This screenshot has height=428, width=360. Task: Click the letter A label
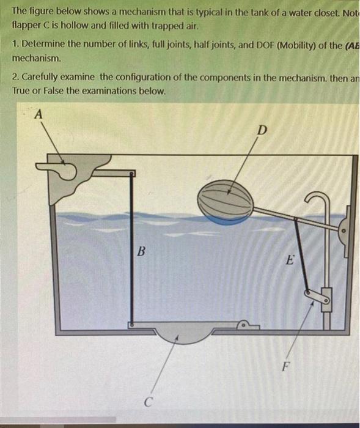[39, 114]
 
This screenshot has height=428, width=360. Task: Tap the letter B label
[141, 251]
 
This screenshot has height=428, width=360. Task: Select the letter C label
[148, 402]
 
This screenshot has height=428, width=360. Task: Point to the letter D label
[262, 130]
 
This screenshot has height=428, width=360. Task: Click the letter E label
[290, 260]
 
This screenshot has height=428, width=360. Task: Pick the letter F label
[285, 367]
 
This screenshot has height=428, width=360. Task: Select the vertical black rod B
[131, 249]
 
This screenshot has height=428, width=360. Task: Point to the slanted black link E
[301, 256]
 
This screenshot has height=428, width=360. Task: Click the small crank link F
[317, 297]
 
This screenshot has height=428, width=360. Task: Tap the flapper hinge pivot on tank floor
[243, 325]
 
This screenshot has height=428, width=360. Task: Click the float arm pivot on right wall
[343, 231]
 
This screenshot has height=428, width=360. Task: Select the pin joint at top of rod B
[131, 173]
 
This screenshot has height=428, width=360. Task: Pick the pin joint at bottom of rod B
[131, 325]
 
